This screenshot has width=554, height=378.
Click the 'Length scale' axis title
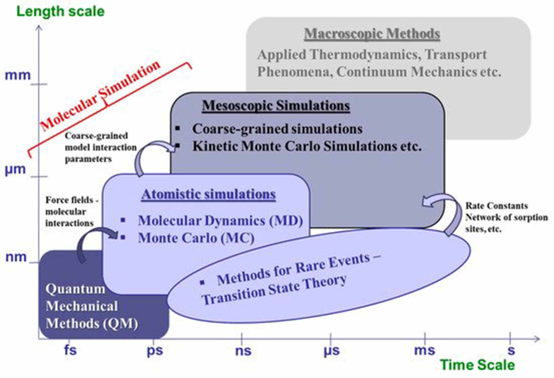pyautogui.click(x=60, y=12)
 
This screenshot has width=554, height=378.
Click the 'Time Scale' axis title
pyautogui.click(x=477, y=365)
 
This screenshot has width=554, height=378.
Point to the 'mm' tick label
pyautogui.click(x=18, y=75)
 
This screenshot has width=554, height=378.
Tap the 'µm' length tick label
pyautogui.click(x=15, y=169)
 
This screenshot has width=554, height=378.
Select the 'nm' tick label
pyautogui.click(x=16, y=257)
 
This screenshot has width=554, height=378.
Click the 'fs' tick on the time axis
pyautogui.click(x=70, y=349)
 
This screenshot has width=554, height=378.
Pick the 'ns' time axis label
pyautogui.click(x=243, y=350)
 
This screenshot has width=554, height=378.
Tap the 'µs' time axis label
pyautogui.click(x=331, y=351)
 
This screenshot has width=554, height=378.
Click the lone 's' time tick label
pyautogui.click(x=511, y=350)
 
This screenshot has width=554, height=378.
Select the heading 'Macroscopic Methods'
pyautogui.click(x=372, y=34)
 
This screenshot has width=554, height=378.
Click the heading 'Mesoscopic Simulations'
pyautogui.click(x=276, y=106)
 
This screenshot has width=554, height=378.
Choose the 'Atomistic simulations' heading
pyautogui.click(x=208, y=194)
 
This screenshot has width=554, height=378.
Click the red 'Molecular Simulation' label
pyautogui.click(x=100, y=96)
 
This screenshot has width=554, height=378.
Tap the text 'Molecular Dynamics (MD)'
pyautogui.click(x=220, y=221)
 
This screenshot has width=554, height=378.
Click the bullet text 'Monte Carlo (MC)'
pyautogui.click(x=196, y=238)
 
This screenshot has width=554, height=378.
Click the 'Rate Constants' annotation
pyautogui.click(x=497, y=206)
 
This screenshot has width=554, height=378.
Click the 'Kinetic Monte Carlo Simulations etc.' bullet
pyautogui.click(x=307, y=146)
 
